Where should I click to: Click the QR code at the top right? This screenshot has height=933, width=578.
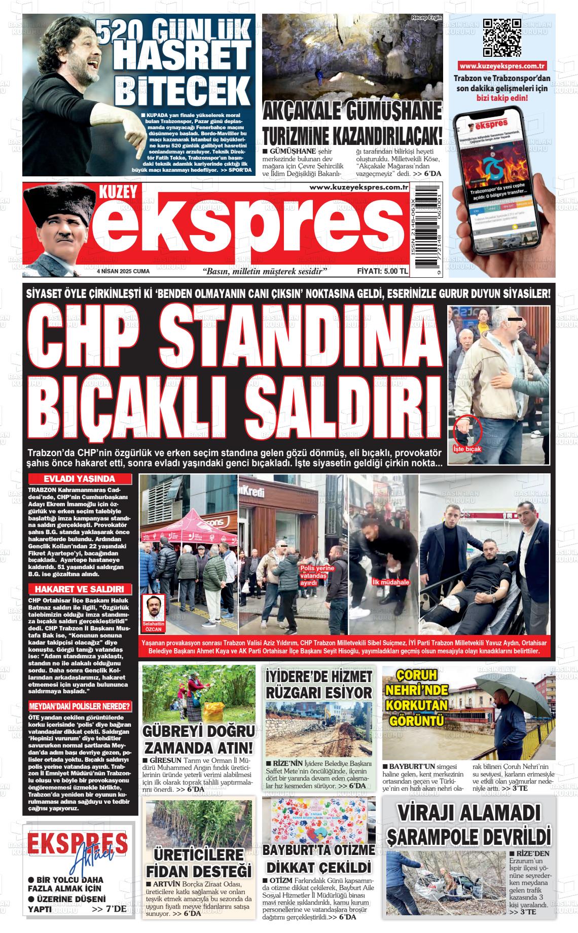point(502,38)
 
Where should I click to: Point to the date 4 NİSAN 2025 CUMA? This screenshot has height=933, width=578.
point(123,272)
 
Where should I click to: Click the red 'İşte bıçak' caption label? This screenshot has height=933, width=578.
point(467,449)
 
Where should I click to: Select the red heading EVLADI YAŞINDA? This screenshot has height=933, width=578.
point(80,479)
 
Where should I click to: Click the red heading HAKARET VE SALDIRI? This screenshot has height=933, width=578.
point(80,589)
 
